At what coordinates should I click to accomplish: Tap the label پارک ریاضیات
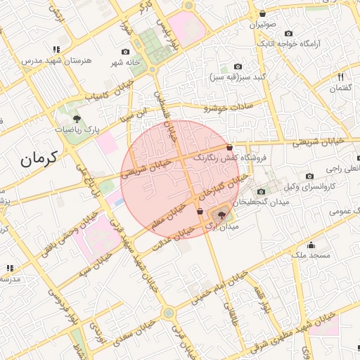point(79,130)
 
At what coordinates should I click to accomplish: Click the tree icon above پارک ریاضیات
point(77,118)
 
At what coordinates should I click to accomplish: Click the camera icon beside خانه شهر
point(126,51)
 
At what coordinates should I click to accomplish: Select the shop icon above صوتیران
point(262,13)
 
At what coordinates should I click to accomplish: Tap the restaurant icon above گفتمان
point(340,76)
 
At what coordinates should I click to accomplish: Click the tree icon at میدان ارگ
point(222,216)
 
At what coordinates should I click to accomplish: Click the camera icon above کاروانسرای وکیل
point(309,176)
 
